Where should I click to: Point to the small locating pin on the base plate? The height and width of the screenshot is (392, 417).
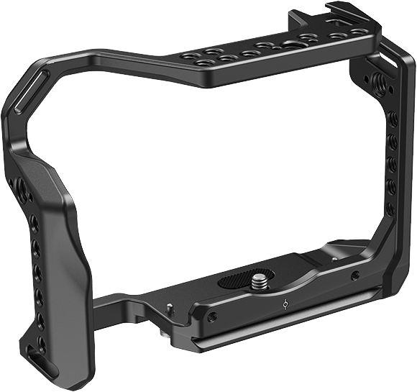(169, 308)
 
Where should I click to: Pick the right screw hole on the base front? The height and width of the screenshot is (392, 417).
(354, 275)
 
